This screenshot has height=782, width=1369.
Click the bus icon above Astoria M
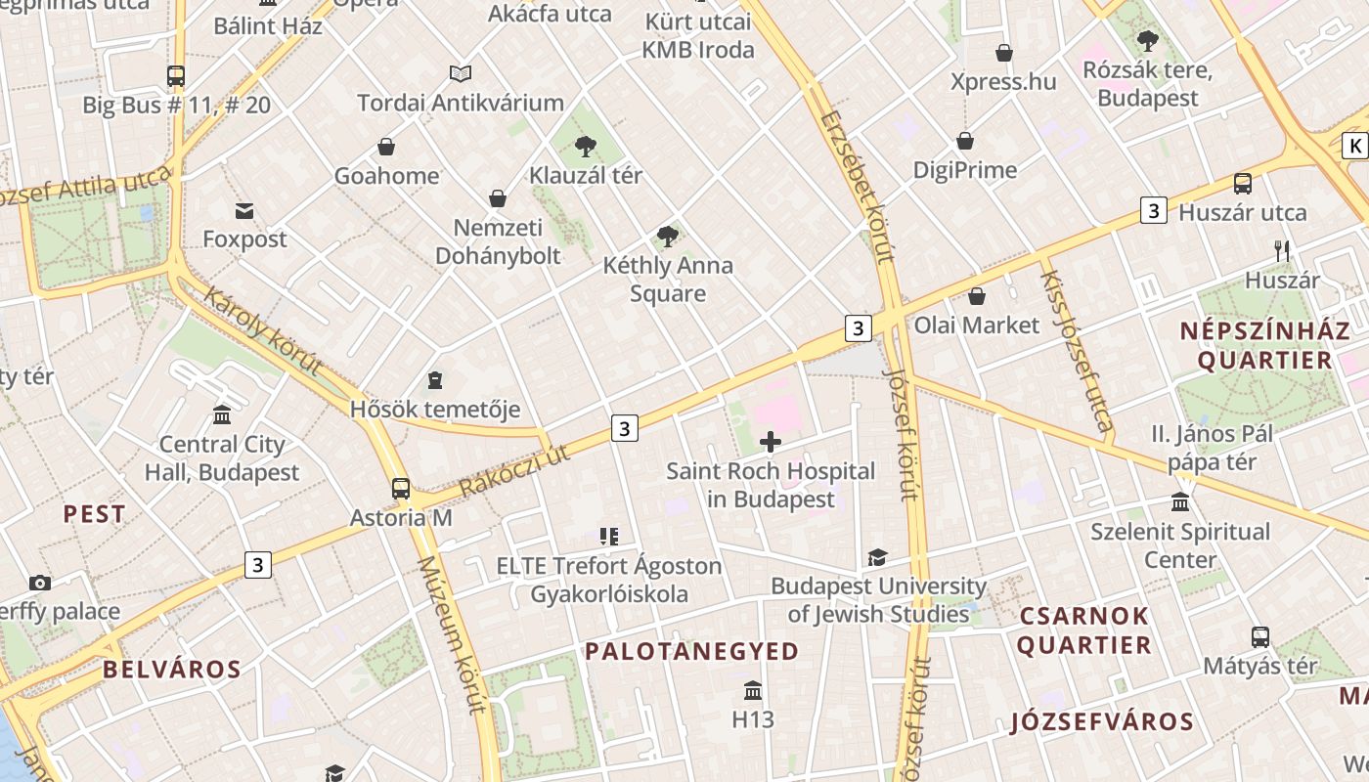point(401,488)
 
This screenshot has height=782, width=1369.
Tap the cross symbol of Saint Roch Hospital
point(771,442)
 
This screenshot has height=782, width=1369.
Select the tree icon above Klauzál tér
point(586,147)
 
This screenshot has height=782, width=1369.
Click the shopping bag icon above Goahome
point(386,148)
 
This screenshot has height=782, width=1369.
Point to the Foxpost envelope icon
point(243,210)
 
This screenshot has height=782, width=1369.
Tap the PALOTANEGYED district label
point(691,651)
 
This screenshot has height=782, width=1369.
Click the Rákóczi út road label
point(513,470)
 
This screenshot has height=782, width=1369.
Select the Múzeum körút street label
point(448,634)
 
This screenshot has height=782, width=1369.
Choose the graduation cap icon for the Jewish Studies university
point(877,558)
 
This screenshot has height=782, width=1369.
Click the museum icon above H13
point(752,691)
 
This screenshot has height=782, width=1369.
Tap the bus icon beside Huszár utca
point(1242,183)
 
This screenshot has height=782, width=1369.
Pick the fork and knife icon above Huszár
point(1282,251)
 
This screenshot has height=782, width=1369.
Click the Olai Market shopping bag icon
point(976,296)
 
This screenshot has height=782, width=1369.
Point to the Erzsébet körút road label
point(859,187)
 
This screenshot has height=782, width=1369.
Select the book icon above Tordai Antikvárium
point(460,73)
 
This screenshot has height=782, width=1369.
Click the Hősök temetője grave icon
point(435,380)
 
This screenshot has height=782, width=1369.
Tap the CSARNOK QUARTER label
point(1083,630)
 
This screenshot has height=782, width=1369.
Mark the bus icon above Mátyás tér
point(1259,637)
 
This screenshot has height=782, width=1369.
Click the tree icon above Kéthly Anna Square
point(668,236)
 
